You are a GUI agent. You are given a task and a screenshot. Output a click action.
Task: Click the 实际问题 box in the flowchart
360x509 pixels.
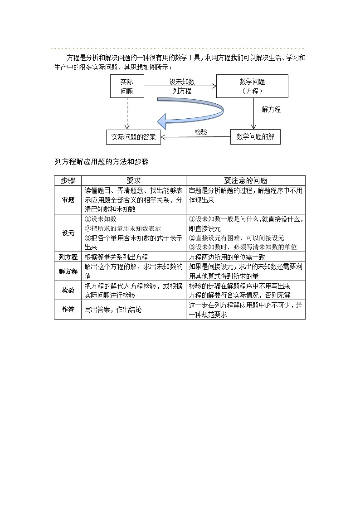coord(126,86)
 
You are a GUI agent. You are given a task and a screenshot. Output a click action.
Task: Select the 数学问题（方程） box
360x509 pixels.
coord(252,86)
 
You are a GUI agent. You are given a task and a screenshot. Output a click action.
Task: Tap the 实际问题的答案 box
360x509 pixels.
coord(134,137)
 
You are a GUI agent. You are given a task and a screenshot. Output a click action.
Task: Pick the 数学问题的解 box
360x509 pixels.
coord(255,137)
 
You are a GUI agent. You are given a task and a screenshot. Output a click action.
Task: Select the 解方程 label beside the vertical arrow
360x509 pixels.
coord(271,109)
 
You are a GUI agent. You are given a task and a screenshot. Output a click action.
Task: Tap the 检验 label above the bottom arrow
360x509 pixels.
coord(201,132)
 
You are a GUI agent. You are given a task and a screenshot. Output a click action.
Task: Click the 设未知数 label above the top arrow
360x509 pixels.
coord(182,82)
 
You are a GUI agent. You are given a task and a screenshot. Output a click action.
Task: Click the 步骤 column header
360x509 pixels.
coord(68,180)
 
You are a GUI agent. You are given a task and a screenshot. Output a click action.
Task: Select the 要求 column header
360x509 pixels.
coord(134,180)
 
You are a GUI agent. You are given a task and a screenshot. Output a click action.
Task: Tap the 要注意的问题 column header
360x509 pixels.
coord(246,180)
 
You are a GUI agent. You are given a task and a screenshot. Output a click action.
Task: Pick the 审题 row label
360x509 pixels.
coord(68,199)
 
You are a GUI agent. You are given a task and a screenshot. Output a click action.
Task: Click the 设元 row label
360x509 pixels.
coord(68,233)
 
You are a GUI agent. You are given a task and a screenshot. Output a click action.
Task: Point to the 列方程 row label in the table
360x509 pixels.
coord(68,257)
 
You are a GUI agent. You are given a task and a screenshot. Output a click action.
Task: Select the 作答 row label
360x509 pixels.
coord(68,310)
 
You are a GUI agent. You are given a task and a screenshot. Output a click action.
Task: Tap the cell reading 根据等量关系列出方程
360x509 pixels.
coord(116,257)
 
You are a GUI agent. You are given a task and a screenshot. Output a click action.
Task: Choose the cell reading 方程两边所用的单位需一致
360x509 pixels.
coord(227,257)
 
